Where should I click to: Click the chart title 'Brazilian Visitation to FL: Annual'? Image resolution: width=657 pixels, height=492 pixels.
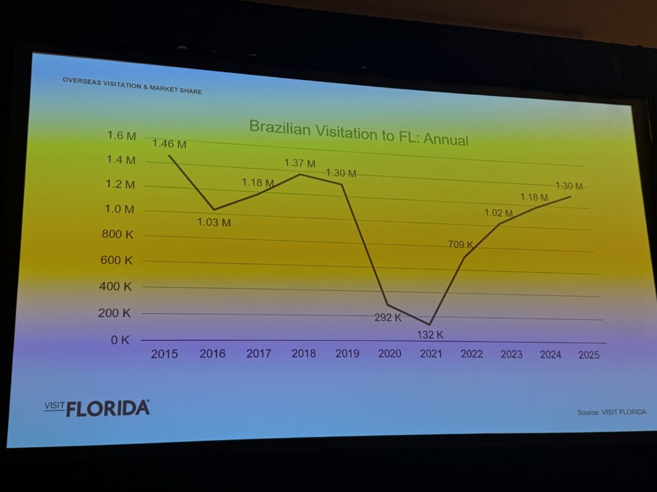[x=359, y=132]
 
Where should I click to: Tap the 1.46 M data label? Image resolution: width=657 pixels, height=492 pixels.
[x=169, y=144]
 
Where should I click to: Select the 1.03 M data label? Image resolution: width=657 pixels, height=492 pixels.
[x=213, y=224]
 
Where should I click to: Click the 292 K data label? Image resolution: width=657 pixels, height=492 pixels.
[x=388, y=317]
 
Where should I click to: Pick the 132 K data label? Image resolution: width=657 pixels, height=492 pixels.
[x=430, y=334]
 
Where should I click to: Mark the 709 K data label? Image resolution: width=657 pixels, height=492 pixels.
[x=461, y=245]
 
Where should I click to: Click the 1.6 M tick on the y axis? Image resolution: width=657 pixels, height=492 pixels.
[x=122, y=136]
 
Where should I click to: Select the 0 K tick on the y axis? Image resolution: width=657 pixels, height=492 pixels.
[x=120, y=340]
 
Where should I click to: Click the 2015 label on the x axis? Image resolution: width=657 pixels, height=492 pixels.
[x=164, y=354]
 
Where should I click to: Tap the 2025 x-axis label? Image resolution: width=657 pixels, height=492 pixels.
[x=588, y=356]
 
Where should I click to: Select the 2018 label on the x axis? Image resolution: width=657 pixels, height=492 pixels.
[x=303, y=354]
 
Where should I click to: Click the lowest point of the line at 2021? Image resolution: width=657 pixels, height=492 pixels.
[x=430, y=324]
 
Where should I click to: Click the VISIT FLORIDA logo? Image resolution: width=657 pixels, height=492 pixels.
[x=98, y=407]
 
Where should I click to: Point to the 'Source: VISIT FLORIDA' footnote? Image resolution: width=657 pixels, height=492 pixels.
[x=611, y=412]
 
